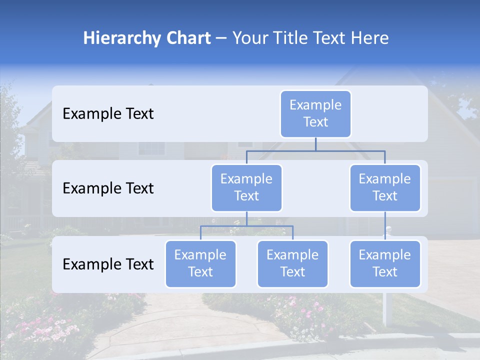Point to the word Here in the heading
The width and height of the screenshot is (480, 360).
pos(369,38)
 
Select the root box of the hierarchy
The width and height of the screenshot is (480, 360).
pos(315,114)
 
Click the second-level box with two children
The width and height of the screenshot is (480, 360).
pos(246,188)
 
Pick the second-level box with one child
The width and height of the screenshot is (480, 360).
pos(385,188)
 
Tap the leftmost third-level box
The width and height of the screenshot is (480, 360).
pos(200,264)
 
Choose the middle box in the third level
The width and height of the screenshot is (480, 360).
pos(292,264)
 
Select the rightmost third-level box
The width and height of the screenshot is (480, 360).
pos(385,264)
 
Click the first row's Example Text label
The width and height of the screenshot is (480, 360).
pos(108,114)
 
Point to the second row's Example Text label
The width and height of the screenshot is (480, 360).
pos(108,188)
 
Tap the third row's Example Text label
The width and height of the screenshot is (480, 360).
pos(108,264)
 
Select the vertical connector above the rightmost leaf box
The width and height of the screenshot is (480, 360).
pos(385,226)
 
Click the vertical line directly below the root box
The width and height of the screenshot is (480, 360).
pos(315,144)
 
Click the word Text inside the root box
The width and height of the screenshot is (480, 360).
pos(315,122)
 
